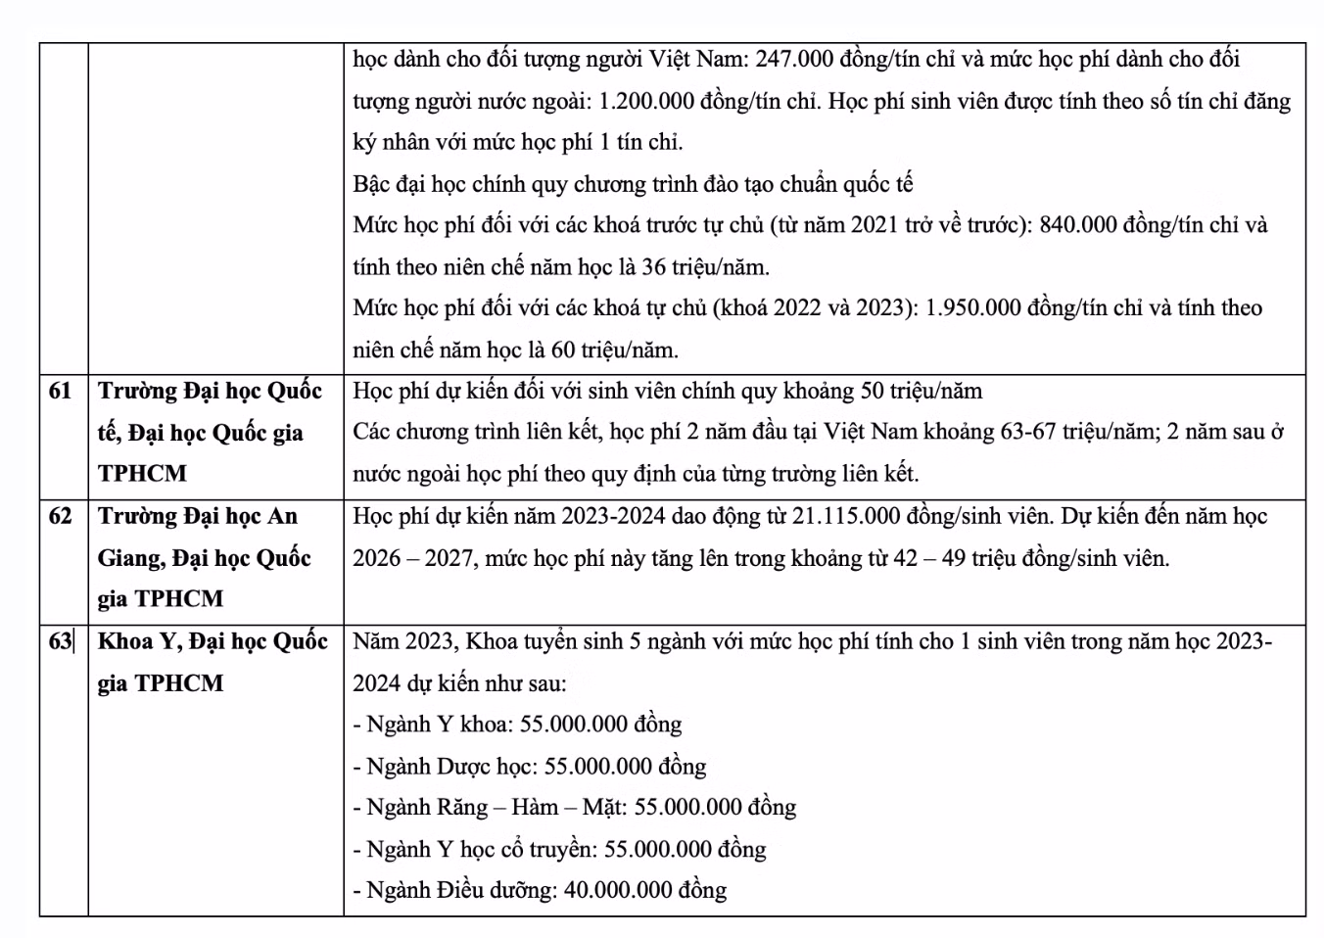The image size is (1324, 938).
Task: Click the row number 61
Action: pos(60,392)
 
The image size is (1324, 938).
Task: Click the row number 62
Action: pos(60,516)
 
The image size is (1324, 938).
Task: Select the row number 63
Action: pos(60,641)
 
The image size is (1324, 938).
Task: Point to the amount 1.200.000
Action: pos(646,102)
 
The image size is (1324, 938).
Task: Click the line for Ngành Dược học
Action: pos(529,767)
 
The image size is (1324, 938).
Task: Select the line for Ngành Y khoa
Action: pos(517,725)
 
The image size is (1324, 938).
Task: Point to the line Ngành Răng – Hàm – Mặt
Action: pos(574,808)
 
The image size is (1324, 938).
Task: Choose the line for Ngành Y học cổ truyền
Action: pos(559,849)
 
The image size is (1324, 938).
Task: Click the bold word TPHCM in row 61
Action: pos(142,474)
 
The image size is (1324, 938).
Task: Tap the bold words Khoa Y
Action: pos(137,641)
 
